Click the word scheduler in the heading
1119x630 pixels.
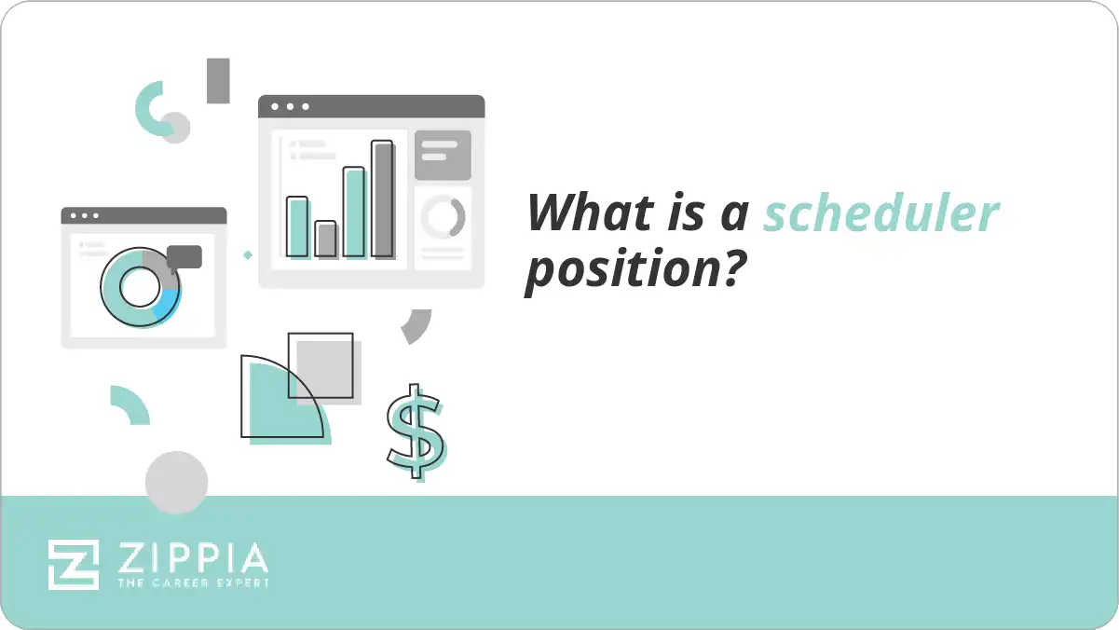pos(880,213)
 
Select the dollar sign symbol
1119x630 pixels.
pos(416,431)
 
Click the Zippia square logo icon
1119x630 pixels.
pos(74,564)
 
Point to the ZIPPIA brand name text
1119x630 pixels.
pos(193,558)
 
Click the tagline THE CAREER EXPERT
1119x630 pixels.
pos(193,582)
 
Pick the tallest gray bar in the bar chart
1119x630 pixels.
pos(383,199)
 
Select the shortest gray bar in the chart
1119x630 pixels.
pos(325,239)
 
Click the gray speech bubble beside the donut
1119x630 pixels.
pos(184,256)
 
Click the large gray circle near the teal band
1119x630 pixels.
pos(176,483)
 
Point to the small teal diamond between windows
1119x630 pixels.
pos(247,253)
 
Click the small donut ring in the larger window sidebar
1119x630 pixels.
pos(443,217)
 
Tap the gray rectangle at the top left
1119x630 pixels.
pos(218,80)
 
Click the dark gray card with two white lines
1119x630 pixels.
pos(443,155)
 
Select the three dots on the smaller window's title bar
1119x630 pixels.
pos(85,215)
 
